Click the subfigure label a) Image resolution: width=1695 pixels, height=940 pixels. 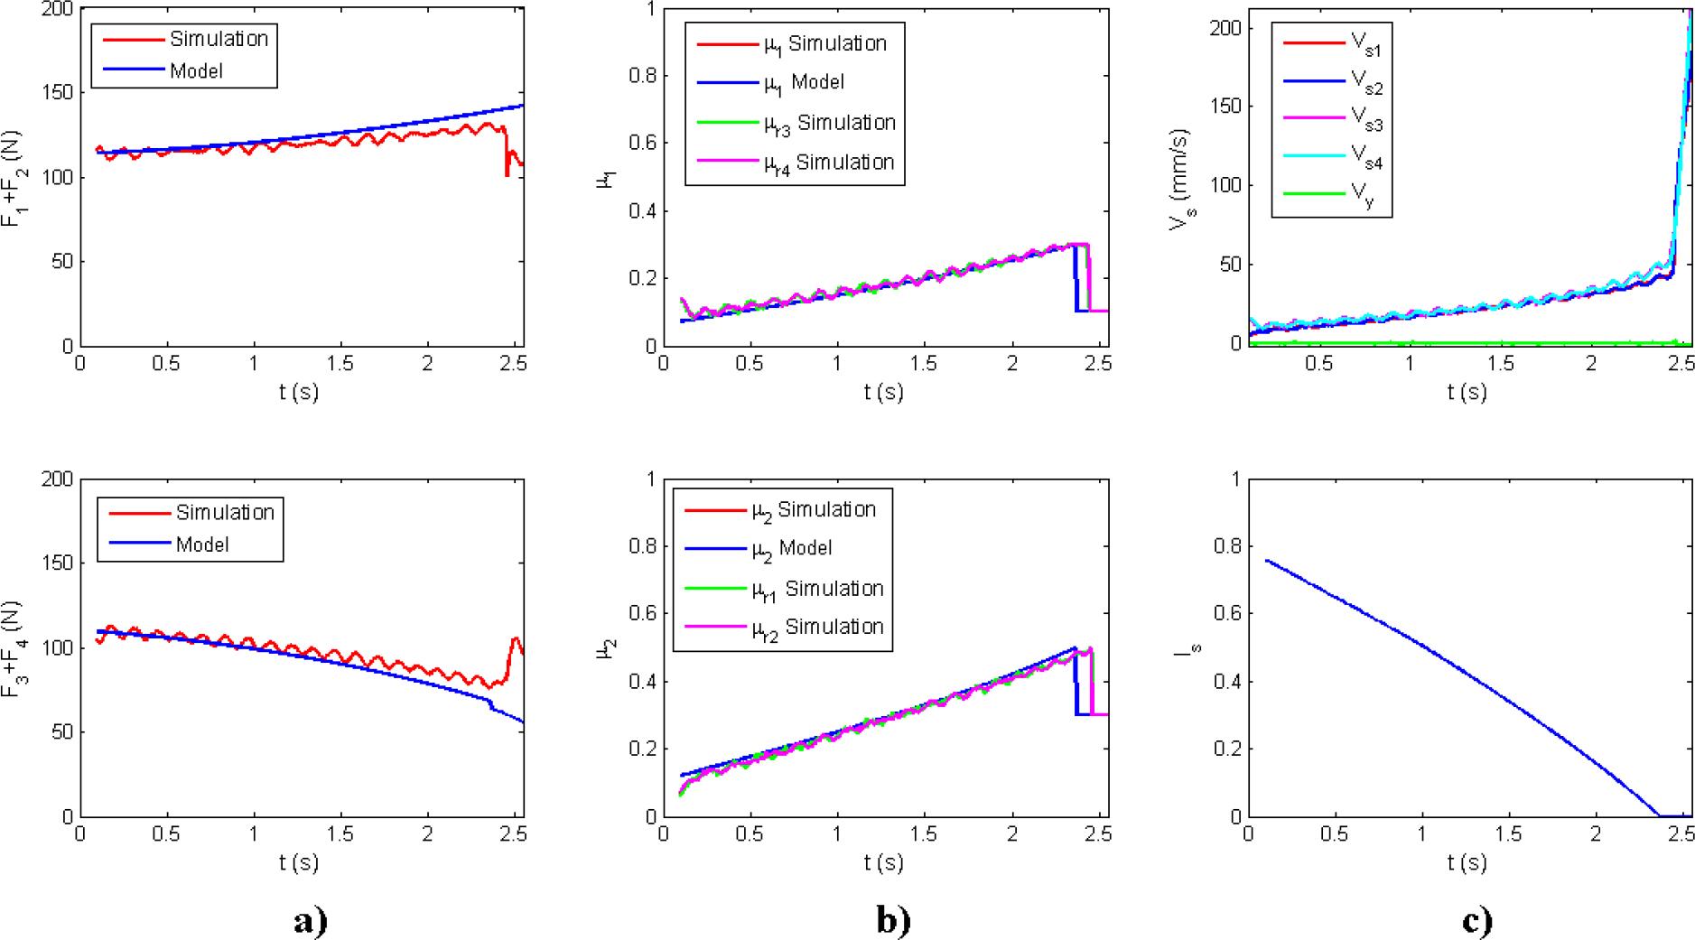(x=310, y=920)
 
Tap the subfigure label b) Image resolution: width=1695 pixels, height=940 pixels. (x=893, y=920)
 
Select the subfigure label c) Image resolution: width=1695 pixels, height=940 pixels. (x=1476, y=920)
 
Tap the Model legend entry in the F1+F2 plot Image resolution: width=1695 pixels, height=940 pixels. (x=196, y=70)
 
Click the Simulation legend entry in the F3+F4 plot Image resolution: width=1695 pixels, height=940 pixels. (x=224, y=512)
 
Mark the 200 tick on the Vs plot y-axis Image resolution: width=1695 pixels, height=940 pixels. (x=1219, y=28)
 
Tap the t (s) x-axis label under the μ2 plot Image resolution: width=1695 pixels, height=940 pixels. (x=882, y=862)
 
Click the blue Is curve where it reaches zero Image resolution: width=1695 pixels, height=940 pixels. (x=1659, y=814)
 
